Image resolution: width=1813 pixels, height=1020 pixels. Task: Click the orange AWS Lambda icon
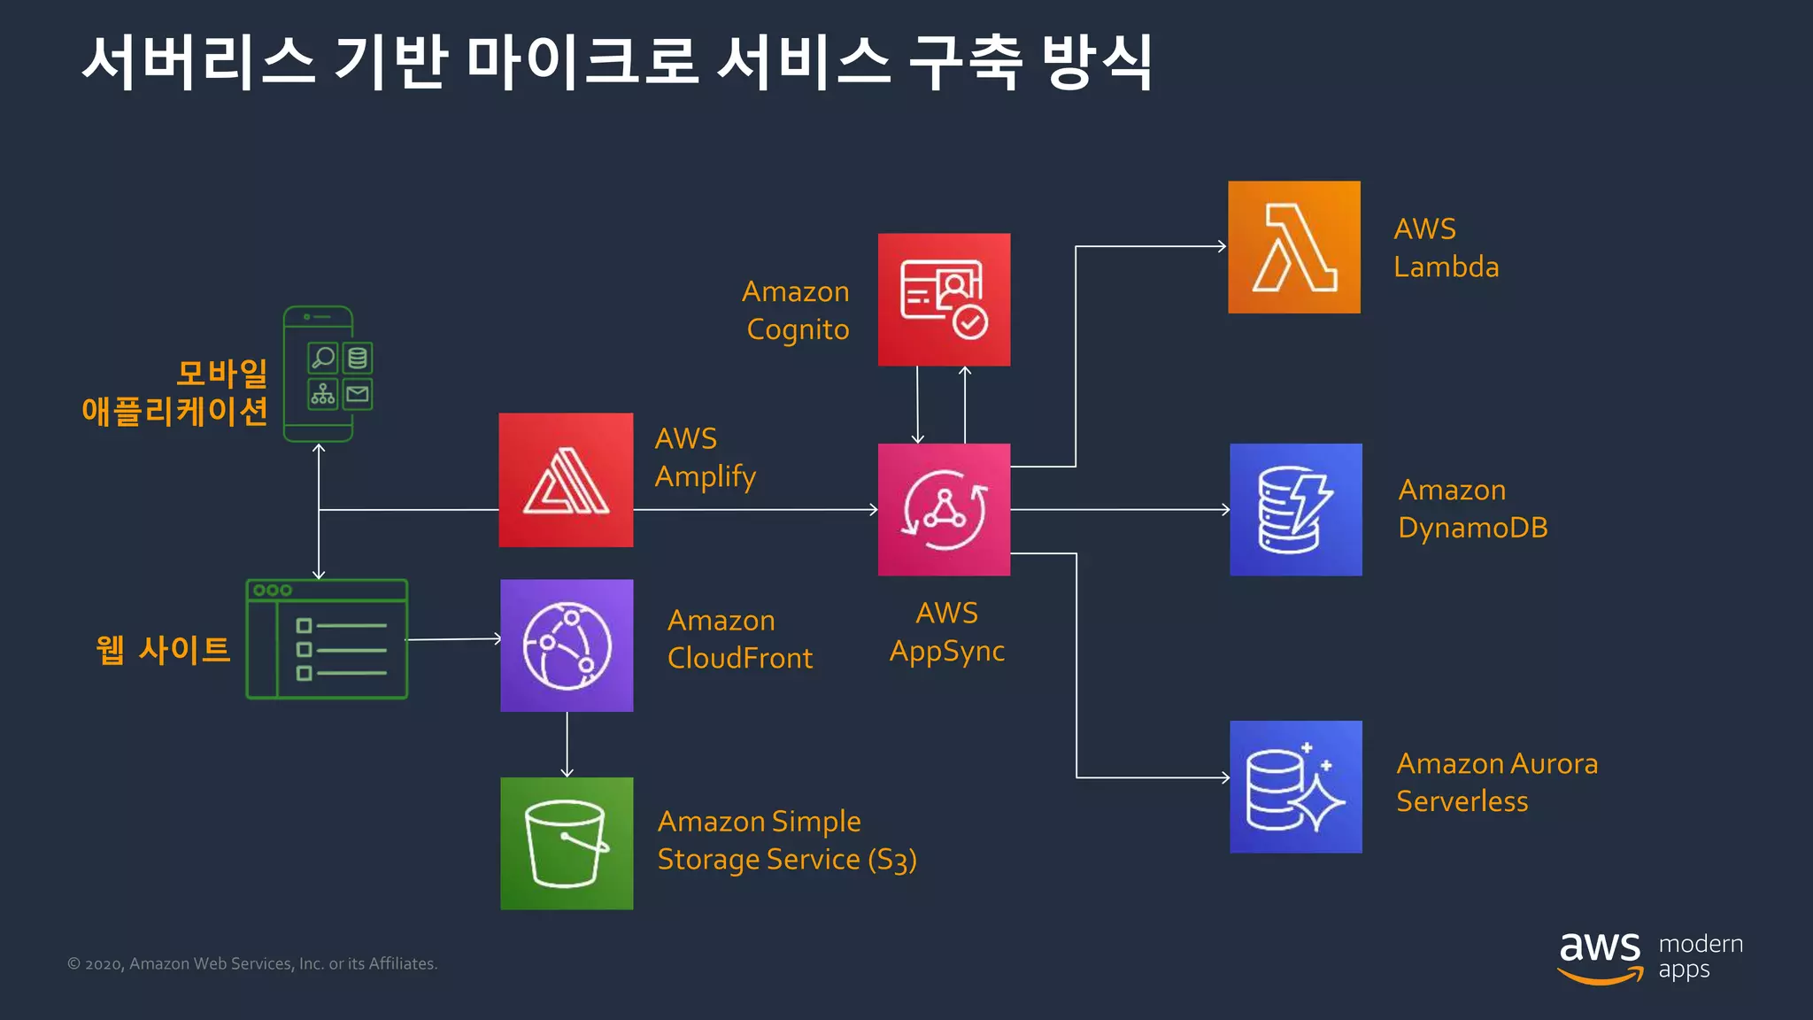click(1293, 247)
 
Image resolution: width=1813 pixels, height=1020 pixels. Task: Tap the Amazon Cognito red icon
click(944, 299)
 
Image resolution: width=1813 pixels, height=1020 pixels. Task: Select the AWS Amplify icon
click(566, 480)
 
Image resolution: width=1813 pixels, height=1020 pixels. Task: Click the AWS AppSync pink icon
click(944, 509)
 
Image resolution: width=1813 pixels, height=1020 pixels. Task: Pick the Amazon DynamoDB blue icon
click(1295, 509)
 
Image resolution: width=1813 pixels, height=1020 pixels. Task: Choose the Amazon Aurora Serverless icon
click(1295, 786)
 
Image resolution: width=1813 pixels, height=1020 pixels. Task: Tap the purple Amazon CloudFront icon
click(567, 645)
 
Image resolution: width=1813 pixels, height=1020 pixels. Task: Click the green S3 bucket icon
click(567, 843)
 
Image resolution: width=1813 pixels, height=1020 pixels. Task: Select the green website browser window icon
click(327, 639)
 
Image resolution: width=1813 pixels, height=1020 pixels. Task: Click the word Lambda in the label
click(1446, 267)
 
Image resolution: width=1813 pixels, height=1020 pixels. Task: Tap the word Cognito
click(798, 329)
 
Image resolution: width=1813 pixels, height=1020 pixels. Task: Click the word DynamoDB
click(1472, 528)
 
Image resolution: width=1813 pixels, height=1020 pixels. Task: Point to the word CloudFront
click(739, 658)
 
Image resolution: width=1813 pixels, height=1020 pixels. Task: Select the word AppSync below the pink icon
click(946, 651)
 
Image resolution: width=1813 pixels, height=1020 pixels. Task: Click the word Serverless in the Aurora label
click(1462, 801)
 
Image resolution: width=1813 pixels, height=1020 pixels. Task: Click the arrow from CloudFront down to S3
click(567, 746)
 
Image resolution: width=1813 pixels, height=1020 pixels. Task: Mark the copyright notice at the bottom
click(252, 963)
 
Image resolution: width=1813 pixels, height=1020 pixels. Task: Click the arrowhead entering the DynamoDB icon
click(1225, 509)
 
